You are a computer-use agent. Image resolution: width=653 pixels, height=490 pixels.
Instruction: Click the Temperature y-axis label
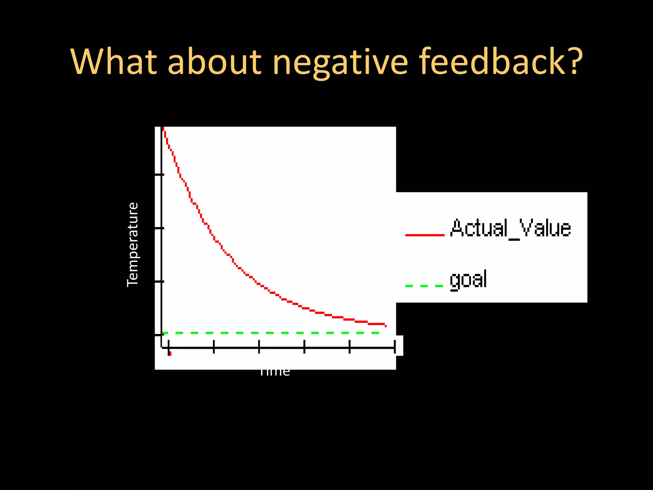[133, 244]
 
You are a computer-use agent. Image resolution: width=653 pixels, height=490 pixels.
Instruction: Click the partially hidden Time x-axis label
[275, 372]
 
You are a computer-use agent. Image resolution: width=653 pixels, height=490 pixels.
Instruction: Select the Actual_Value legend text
[510, 228]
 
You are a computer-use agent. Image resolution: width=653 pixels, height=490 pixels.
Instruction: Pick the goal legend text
[468, 279]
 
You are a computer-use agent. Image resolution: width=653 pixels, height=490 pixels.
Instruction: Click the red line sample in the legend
[425, 235]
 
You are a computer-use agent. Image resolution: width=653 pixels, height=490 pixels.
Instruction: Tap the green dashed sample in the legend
[424, 286]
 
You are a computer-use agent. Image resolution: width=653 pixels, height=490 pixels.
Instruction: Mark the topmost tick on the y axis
[159, 175]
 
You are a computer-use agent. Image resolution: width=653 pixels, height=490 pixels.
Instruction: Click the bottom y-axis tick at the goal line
[159, 335]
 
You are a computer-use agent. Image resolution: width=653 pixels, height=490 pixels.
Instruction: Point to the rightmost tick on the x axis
[395, 347]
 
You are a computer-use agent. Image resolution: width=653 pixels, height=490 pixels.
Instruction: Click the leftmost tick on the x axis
[168, 347]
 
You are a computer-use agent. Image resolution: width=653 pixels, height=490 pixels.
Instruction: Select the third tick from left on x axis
[259, 347]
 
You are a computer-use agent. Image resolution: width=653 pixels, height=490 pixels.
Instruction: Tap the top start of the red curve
[163, 129]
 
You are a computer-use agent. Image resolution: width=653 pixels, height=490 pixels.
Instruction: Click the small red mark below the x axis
[170, 353]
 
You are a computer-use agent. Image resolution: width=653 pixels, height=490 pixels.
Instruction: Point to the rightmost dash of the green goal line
[375, 333]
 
